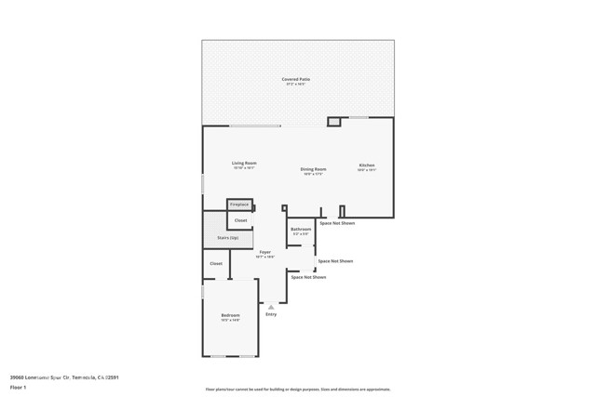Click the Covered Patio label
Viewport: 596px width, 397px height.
point(296,80)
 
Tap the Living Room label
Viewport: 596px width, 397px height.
point(244,164)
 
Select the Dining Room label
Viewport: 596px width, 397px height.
point(313,170)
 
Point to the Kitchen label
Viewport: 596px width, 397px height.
point(367,166)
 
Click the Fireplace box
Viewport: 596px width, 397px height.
point(239,204)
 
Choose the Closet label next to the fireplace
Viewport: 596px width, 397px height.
point(240,220)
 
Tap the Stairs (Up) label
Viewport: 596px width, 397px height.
point(228,238)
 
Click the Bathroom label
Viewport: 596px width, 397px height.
point(300,229)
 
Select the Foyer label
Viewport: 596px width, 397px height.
point(265,253)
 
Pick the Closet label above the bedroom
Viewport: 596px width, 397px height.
point(216,263)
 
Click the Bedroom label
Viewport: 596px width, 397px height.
point(230,316)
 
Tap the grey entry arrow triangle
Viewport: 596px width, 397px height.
point(271,306)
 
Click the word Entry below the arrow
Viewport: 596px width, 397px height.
point(271,314)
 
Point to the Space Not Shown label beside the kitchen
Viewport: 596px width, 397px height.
point(337,223)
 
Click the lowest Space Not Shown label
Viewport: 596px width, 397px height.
point(308,277)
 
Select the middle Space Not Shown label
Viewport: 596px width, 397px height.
point(335,261)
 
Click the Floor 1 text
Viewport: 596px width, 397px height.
point(18,387)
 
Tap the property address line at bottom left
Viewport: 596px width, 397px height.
point(64,377)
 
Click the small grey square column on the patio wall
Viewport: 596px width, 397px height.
point(333,121)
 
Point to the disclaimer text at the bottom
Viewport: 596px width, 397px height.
point(297,389)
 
